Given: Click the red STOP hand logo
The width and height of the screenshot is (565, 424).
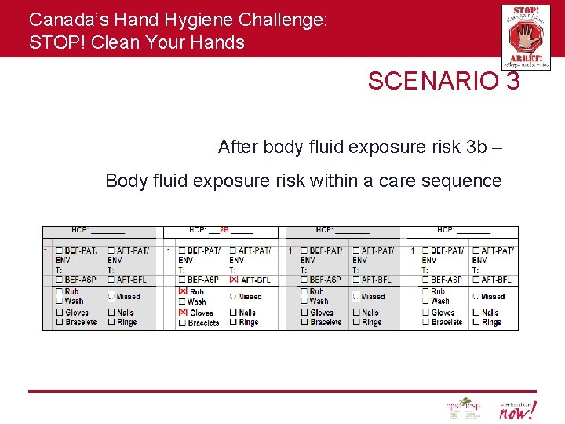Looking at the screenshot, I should (x=526, y=37).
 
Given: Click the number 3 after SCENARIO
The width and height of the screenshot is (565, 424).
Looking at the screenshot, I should (x=512, y=81).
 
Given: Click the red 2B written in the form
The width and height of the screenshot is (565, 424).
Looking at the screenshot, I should (x=224, y=231).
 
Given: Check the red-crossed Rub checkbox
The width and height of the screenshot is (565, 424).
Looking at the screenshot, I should (x=183, y=291).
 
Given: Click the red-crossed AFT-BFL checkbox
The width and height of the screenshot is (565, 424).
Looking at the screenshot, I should (x=233, y=280).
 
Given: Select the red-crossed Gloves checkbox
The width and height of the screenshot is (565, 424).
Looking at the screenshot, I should (x=183, y=313).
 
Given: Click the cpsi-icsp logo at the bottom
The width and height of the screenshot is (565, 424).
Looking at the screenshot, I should (x=465, y=408).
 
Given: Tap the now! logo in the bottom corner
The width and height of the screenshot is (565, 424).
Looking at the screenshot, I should (x=518, y=409).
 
